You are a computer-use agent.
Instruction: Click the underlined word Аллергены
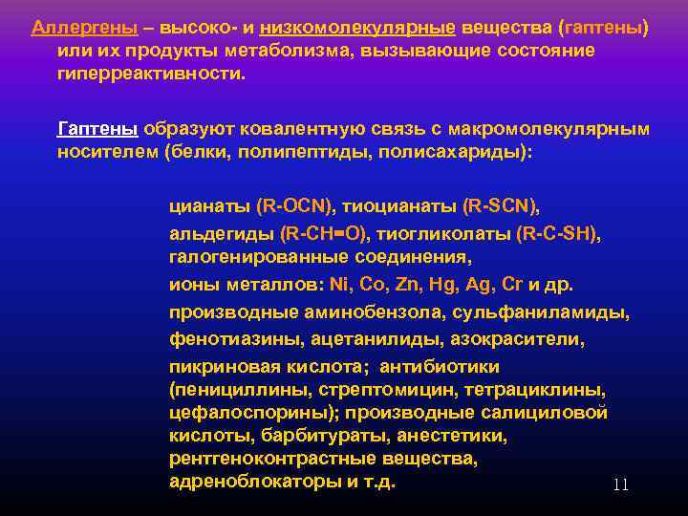coord(72,27)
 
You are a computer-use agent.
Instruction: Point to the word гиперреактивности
coord(148,73)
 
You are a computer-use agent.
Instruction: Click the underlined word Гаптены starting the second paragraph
coord(97,128)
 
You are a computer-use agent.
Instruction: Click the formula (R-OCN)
coord(297,205)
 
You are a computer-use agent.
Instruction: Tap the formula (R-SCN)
coord(501,205)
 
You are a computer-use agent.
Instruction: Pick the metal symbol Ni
coord(339,284)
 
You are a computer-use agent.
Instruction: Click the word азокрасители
coord(526,339)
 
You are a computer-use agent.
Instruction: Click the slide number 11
coord(620,485)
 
